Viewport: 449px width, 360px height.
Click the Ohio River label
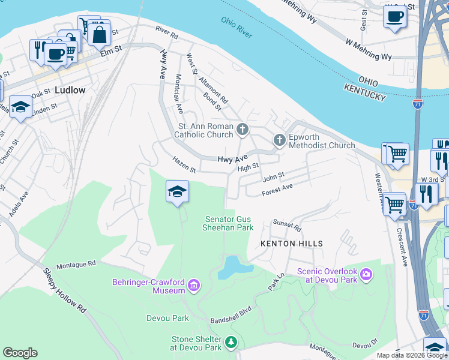click(x=237, y=28)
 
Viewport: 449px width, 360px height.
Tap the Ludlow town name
click(x=70, y=90)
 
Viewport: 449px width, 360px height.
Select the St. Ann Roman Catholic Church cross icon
click(x=242, y=129)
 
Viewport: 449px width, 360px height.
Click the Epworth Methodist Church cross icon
click(x=279, y=140)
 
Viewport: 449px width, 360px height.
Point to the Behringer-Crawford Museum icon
click(x=194, y=284)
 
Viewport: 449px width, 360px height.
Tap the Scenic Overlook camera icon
click(x=366, y=275)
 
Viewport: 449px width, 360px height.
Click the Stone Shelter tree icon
click(x=231, y=343)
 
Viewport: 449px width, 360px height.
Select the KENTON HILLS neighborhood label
click(x=292, y=244)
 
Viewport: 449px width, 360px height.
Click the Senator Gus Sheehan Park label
click(x=229, y=223)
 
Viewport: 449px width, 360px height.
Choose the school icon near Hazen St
click(x=177, y=191)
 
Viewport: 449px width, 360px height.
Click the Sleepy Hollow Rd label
click(x=64, y=290)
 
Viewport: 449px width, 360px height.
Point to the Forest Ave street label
click(x=277, y=190)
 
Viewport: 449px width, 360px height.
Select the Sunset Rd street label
click(x=286, y=225)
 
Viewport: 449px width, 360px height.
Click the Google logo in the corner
click(x=20, y=353)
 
